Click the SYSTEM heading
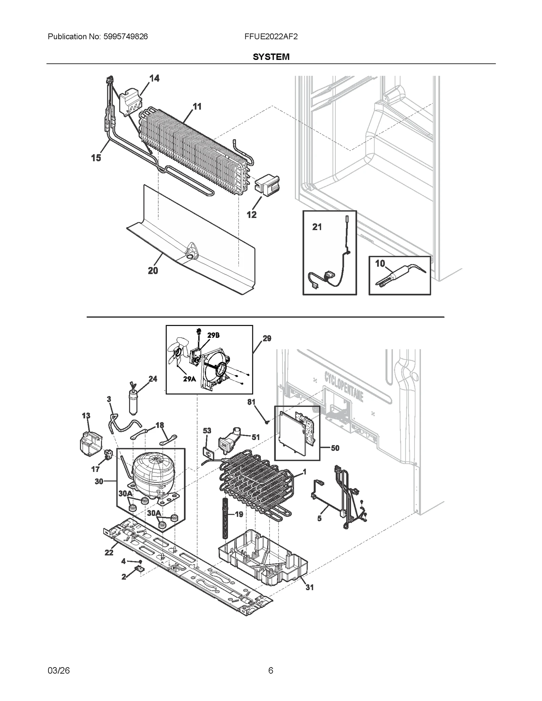point(271,57)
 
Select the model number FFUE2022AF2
point(271,37)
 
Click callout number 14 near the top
point(154,79)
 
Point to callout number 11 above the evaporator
point(197,107)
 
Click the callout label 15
point(96,158)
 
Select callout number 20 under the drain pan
point(153,271)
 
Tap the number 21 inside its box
point(317,227)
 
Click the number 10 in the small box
point(380,263)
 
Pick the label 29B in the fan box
point(213,335)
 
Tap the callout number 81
point(251,402)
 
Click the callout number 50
point(335,448)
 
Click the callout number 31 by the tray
point(310,588)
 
